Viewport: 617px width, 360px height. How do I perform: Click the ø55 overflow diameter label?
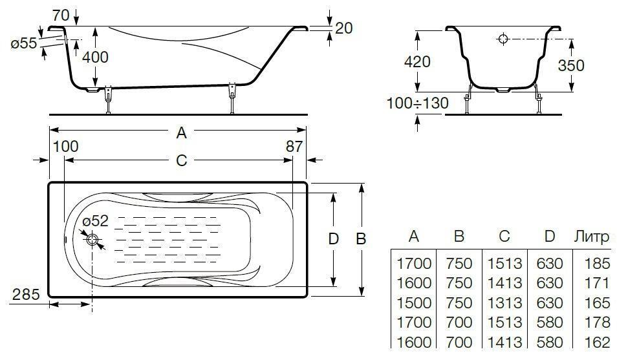(x=24, y=44)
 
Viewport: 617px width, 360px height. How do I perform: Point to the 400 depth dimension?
(x=96, y=57)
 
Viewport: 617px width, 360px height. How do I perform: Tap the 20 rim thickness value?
(x=344, y=28)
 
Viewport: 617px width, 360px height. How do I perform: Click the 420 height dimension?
(x=417, y=61)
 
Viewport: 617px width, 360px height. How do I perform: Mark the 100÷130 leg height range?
(x=417, y=103)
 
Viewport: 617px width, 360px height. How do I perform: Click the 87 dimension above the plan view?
(x=294, y=146)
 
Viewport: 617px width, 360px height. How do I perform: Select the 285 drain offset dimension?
(x=26, y=294)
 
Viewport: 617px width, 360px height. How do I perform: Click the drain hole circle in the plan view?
(x=92, y=240)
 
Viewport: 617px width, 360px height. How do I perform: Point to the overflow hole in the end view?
(x=503, y=39)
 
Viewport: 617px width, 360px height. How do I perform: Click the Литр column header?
(x=591, y=237)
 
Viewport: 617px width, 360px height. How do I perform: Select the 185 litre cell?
(x=597, y=264)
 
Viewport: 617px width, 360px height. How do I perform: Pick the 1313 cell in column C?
(x=504, y=302)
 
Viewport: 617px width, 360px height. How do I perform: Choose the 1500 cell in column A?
(x=414, y=302)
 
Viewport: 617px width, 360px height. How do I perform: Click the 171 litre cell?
(x=597, y=283)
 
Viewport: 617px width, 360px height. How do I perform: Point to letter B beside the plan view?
(x=361, y=238)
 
